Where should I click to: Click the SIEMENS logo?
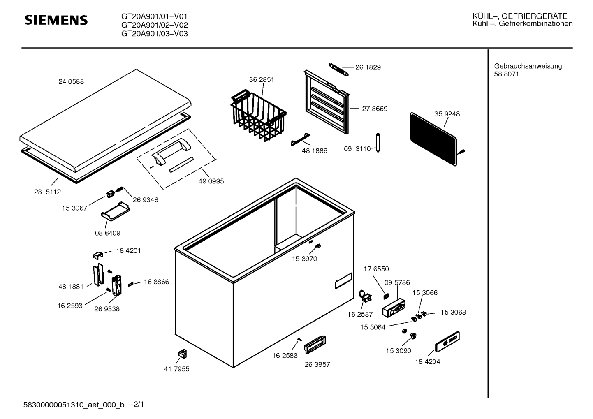(56, 20)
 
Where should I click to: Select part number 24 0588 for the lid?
(71, 81)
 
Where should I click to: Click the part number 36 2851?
(261, 79)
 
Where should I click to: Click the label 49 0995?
(211, 181)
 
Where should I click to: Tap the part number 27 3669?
(375, 109)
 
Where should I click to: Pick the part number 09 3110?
(357, 149)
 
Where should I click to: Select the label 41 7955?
(176, 369)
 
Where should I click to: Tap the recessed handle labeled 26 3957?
(315, 344)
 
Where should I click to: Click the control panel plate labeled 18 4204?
(447, 342)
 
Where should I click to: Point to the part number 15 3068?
(453, 312)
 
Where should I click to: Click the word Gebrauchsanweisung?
(528, 66)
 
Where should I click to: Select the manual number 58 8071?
(506, 74)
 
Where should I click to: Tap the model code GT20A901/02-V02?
(154, 25)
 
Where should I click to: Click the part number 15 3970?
(304, 259)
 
